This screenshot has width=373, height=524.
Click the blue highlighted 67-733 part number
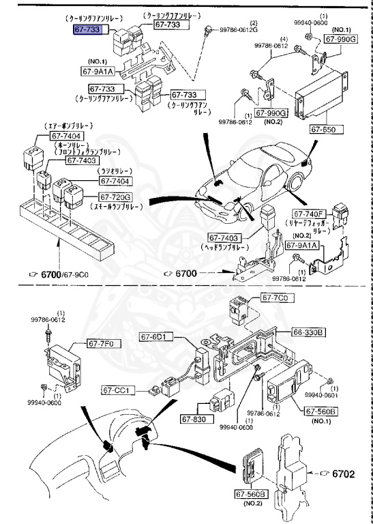click(x=89, y=31)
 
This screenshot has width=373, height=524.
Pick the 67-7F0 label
click(x=102, y=345)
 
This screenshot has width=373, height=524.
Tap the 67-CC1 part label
click(x=120, y=390)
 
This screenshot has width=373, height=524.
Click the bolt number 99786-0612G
click(x=238, y=30)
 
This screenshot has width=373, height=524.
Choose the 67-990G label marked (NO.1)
click(x=340, y=40)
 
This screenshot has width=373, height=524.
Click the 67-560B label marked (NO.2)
click(x=251, y=494)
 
